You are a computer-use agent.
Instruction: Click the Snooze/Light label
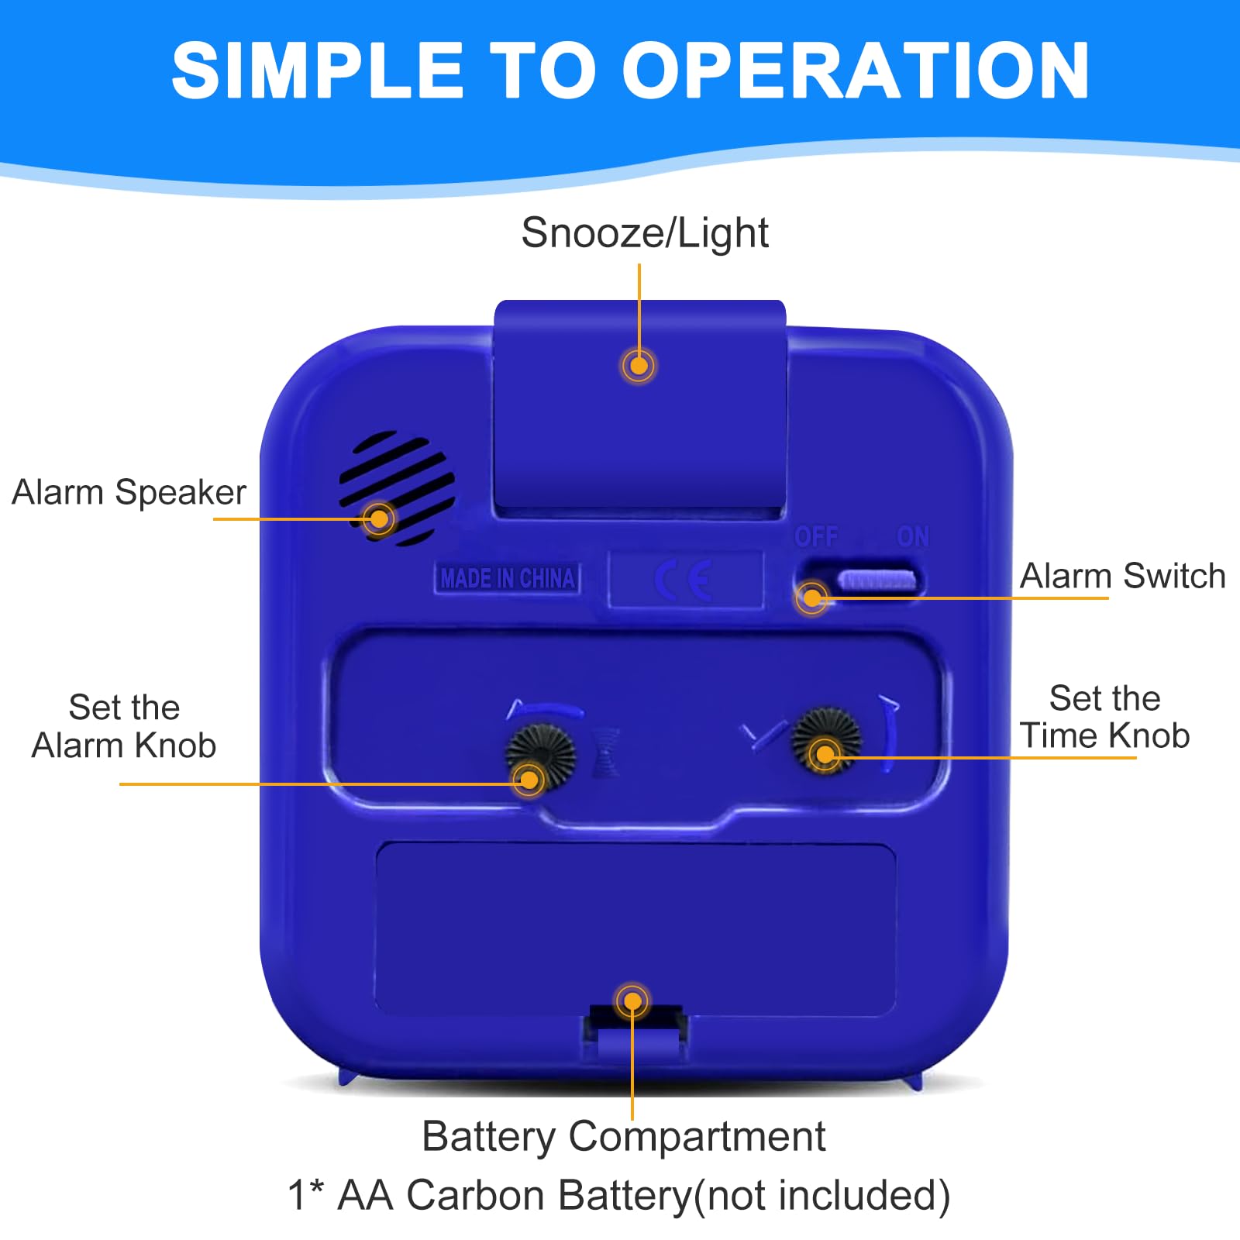click(645, 233)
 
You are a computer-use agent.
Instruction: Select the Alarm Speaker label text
click(129, 492)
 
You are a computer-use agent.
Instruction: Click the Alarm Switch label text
click(1122, 576)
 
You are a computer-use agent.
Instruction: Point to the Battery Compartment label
click(624, 1138)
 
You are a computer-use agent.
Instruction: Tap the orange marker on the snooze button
click(639, 365)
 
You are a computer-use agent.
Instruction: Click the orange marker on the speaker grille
click(379, 518)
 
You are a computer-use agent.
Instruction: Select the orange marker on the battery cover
click(632, 1001)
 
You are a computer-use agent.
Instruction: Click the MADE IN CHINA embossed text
click(508, 578)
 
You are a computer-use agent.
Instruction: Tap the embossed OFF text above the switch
click(816, 536)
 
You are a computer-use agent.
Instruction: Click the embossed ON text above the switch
click(912, 536)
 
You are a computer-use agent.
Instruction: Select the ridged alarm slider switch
click(877, 579)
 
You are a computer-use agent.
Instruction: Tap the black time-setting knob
click(826, 739)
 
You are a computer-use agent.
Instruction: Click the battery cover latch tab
click(634, 1032)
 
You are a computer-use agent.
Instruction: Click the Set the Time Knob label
click(1104, 717)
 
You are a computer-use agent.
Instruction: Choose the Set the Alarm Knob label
click(124, 726)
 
